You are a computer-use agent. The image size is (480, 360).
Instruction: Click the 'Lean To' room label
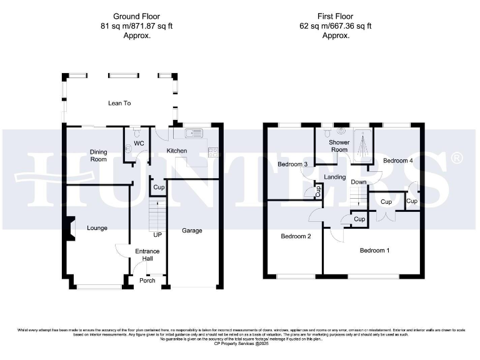tap(119, 103)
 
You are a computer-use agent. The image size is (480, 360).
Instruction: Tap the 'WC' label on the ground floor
tap(139, 144)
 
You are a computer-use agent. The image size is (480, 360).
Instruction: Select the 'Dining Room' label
tap(98, 156)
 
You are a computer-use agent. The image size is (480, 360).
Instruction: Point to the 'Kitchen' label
tap(176, 151)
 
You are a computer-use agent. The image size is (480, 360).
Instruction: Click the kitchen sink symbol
tap(193, 133)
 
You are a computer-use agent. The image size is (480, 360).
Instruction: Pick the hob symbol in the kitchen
tap(213, 151)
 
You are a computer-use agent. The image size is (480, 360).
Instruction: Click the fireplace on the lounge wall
tap(69, 227)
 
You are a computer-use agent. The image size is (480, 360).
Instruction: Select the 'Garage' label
tap(192, 231)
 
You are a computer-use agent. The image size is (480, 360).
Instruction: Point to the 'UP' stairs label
tap(157, 235)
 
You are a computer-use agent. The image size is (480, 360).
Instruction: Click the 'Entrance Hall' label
tap(147, 255)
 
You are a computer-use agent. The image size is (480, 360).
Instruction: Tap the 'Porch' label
tap(147, 281)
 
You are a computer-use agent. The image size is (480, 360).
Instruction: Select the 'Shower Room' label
tap(339, 146)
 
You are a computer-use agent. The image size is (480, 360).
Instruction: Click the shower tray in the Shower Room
tap(362, 144)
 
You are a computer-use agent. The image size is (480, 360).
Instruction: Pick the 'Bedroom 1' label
tap(374, 251)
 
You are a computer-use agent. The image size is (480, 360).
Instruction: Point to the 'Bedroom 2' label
tap(296, 236)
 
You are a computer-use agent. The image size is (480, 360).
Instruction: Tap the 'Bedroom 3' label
tap(292, 164)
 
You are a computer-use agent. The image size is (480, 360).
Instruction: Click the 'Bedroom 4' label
tap(398, 161)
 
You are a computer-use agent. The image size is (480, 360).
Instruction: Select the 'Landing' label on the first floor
tap(335, 177)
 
